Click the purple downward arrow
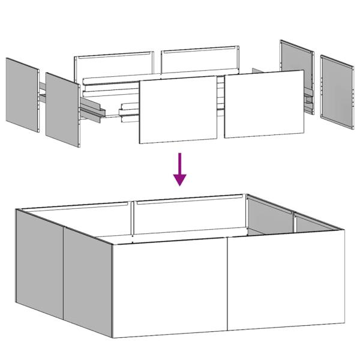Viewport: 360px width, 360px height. [179, 168]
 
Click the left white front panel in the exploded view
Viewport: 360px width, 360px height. [178, 110]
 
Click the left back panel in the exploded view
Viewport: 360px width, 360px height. [114, 67]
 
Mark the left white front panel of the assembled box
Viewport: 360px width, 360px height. [170, 287]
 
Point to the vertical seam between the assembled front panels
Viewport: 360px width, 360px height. [227, 286]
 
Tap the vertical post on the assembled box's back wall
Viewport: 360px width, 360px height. [131, 219]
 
